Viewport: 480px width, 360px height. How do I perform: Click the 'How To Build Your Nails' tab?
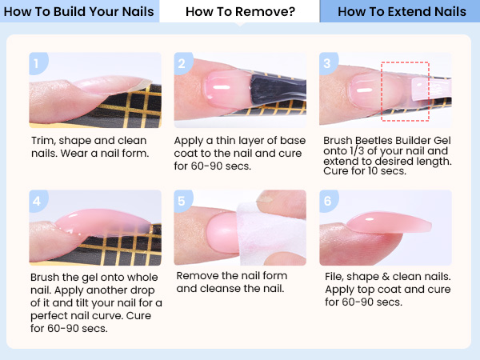[80, 12]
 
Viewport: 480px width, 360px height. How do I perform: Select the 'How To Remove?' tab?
[240, 12]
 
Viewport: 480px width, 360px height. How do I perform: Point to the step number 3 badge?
[327, 63]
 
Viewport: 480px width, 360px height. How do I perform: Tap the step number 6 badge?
[327, 201]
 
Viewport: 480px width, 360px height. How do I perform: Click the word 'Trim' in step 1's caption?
[44, 140]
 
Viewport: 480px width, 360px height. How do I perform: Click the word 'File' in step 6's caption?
[334, 277]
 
